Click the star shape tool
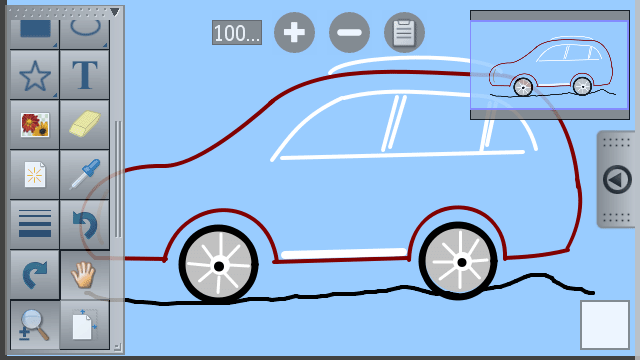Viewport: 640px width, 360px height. click(x=35, y=75)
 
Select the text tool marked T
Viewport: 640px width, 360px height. click(x=84, y=75)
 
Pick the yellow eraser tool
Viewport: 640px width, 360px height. click(x=84, y=124)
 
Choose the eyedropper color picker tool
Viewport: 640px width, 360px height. click(x=84, y=174)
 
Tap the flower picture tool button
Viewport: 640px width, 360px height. click(x=35, y=124)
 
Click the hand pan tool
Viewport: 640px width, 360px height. click(x=84, y=275)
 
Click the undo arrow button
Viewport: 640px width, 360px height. click(x=84, y=224)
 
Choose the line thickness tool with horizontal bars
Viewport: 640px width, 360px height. click(x=35, y=224)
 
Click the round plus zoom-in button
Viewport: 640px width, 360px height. click(x=294, y=32)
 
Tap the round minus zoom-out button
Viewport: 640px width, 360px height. click(x=349, y=32)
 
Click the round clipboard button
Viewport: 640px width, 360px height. click(x=404, y=32)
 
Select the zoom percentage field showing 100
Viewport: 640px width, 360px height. click(x=237, y=33)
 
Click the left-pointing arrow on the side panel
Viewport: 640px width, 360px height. click(x=617, y=180)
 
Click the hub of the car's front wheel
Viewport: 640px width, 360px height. click(x=219, y=267)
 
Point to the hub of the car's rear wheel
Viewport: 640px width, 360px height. click(x=462, y=262)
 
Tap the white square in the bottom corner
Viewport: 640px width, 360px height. click(x=605, y=325)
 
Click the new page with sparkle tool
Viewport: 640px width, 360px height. click(x=35, y=174)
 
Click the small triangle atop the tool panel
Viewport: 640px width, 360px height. click(x=115, y=12)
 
